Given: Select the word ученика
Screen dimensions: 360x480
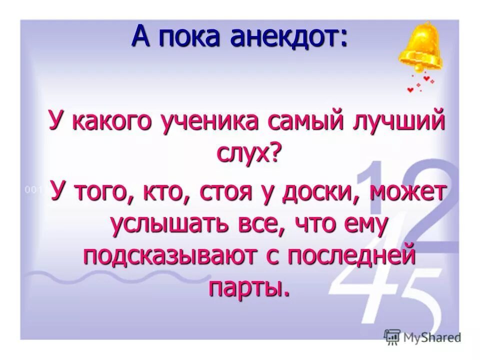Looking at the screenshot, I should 213,122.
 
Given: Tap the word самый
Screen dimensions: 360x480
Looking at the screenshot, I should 307,122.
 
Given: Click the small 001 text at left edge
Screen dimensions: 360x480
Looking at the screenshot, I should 33,189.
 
